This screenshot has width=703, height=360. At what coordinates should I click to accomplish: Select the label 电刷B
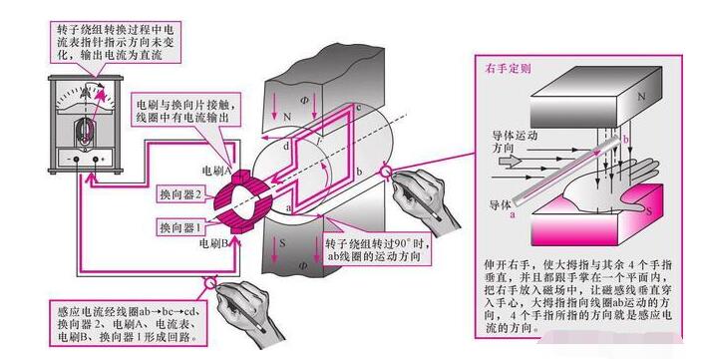(x=217, y=242)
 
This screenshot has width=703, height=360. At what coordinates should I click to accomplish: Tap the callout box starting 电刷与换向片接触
(x=185, y=109)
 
